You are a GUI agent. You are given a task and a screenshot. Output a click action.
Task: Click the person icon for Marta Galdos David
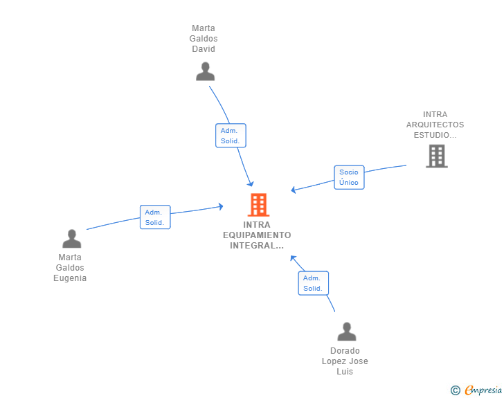coord(205,71)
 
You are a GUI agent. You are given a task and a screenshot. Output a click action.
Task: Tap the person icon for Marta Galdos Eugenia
coord(71,239)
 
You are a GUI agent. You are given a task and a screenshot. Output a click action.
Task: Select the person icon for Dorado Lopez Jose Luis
coord(346,332)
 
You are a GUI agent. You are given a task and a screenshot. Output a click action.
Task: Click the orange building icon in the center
coord(258,205)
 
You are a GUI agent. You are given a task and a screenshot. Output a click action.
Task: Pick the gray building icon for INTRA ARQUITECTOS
coord(436,156)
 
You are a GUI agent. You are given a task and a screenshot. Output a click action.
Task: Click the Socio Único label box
coord(349,177)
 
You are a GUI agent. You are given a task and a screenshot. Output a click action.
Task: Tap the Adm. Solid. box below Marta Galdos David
coord(231,136)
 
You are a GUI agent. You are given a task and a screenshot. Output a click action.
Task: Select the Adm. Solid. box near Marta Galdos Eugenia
coord(154,217)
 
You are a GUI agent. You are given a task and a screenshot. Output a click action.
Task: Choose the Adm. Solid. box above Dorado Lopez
coord(313,283)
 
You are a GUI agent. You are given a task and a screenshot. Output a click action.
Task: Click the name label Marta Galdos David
coord(204,39)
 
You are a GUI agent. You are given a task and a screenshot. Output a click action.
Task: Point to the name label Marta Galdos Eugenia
coord(71,268)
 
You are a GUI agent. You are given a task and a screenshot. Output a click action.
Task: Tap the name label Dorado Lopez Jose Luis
coord(345,361)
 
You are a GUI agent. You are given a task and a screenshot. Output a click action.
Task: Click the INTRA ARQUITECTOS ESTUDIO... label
coord(435,125)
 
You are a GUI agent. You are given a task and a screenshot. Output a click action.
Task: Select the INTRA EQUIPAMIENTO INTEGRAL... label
coord(258,235)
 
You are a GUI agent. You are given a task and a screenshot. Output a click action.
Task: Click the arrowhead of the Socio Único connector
coord(294,190)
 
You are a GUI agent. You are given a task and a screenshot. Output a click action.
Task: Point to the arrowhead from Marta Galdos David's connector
coord(251,183)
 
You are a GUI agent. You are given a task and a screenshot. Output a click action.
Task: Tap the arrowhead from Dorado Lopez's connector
coord(293,258)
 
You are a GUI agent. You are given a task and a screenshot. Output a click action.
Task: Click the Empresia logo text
coord(483,390)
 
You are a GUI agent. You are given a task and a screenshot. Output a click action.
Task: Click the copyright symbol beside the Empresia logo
coord(455,390)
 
